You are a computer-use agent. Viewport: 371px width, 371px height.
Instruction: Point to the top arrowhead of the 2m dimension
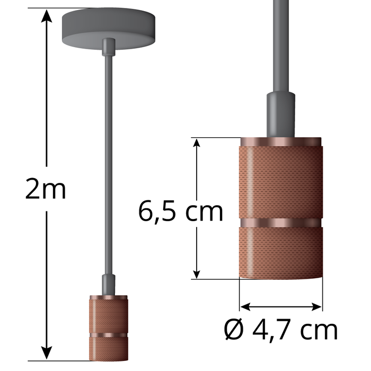47,16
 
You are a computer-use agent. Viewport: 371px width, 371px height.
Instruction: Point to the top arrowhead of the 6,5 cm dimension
197,144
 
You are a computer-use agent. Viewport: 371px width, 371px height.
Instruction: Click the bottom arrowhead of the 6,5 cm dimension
197,272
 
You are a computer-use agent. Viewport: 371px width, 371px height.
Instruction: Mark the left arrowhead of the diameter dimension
245,306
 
